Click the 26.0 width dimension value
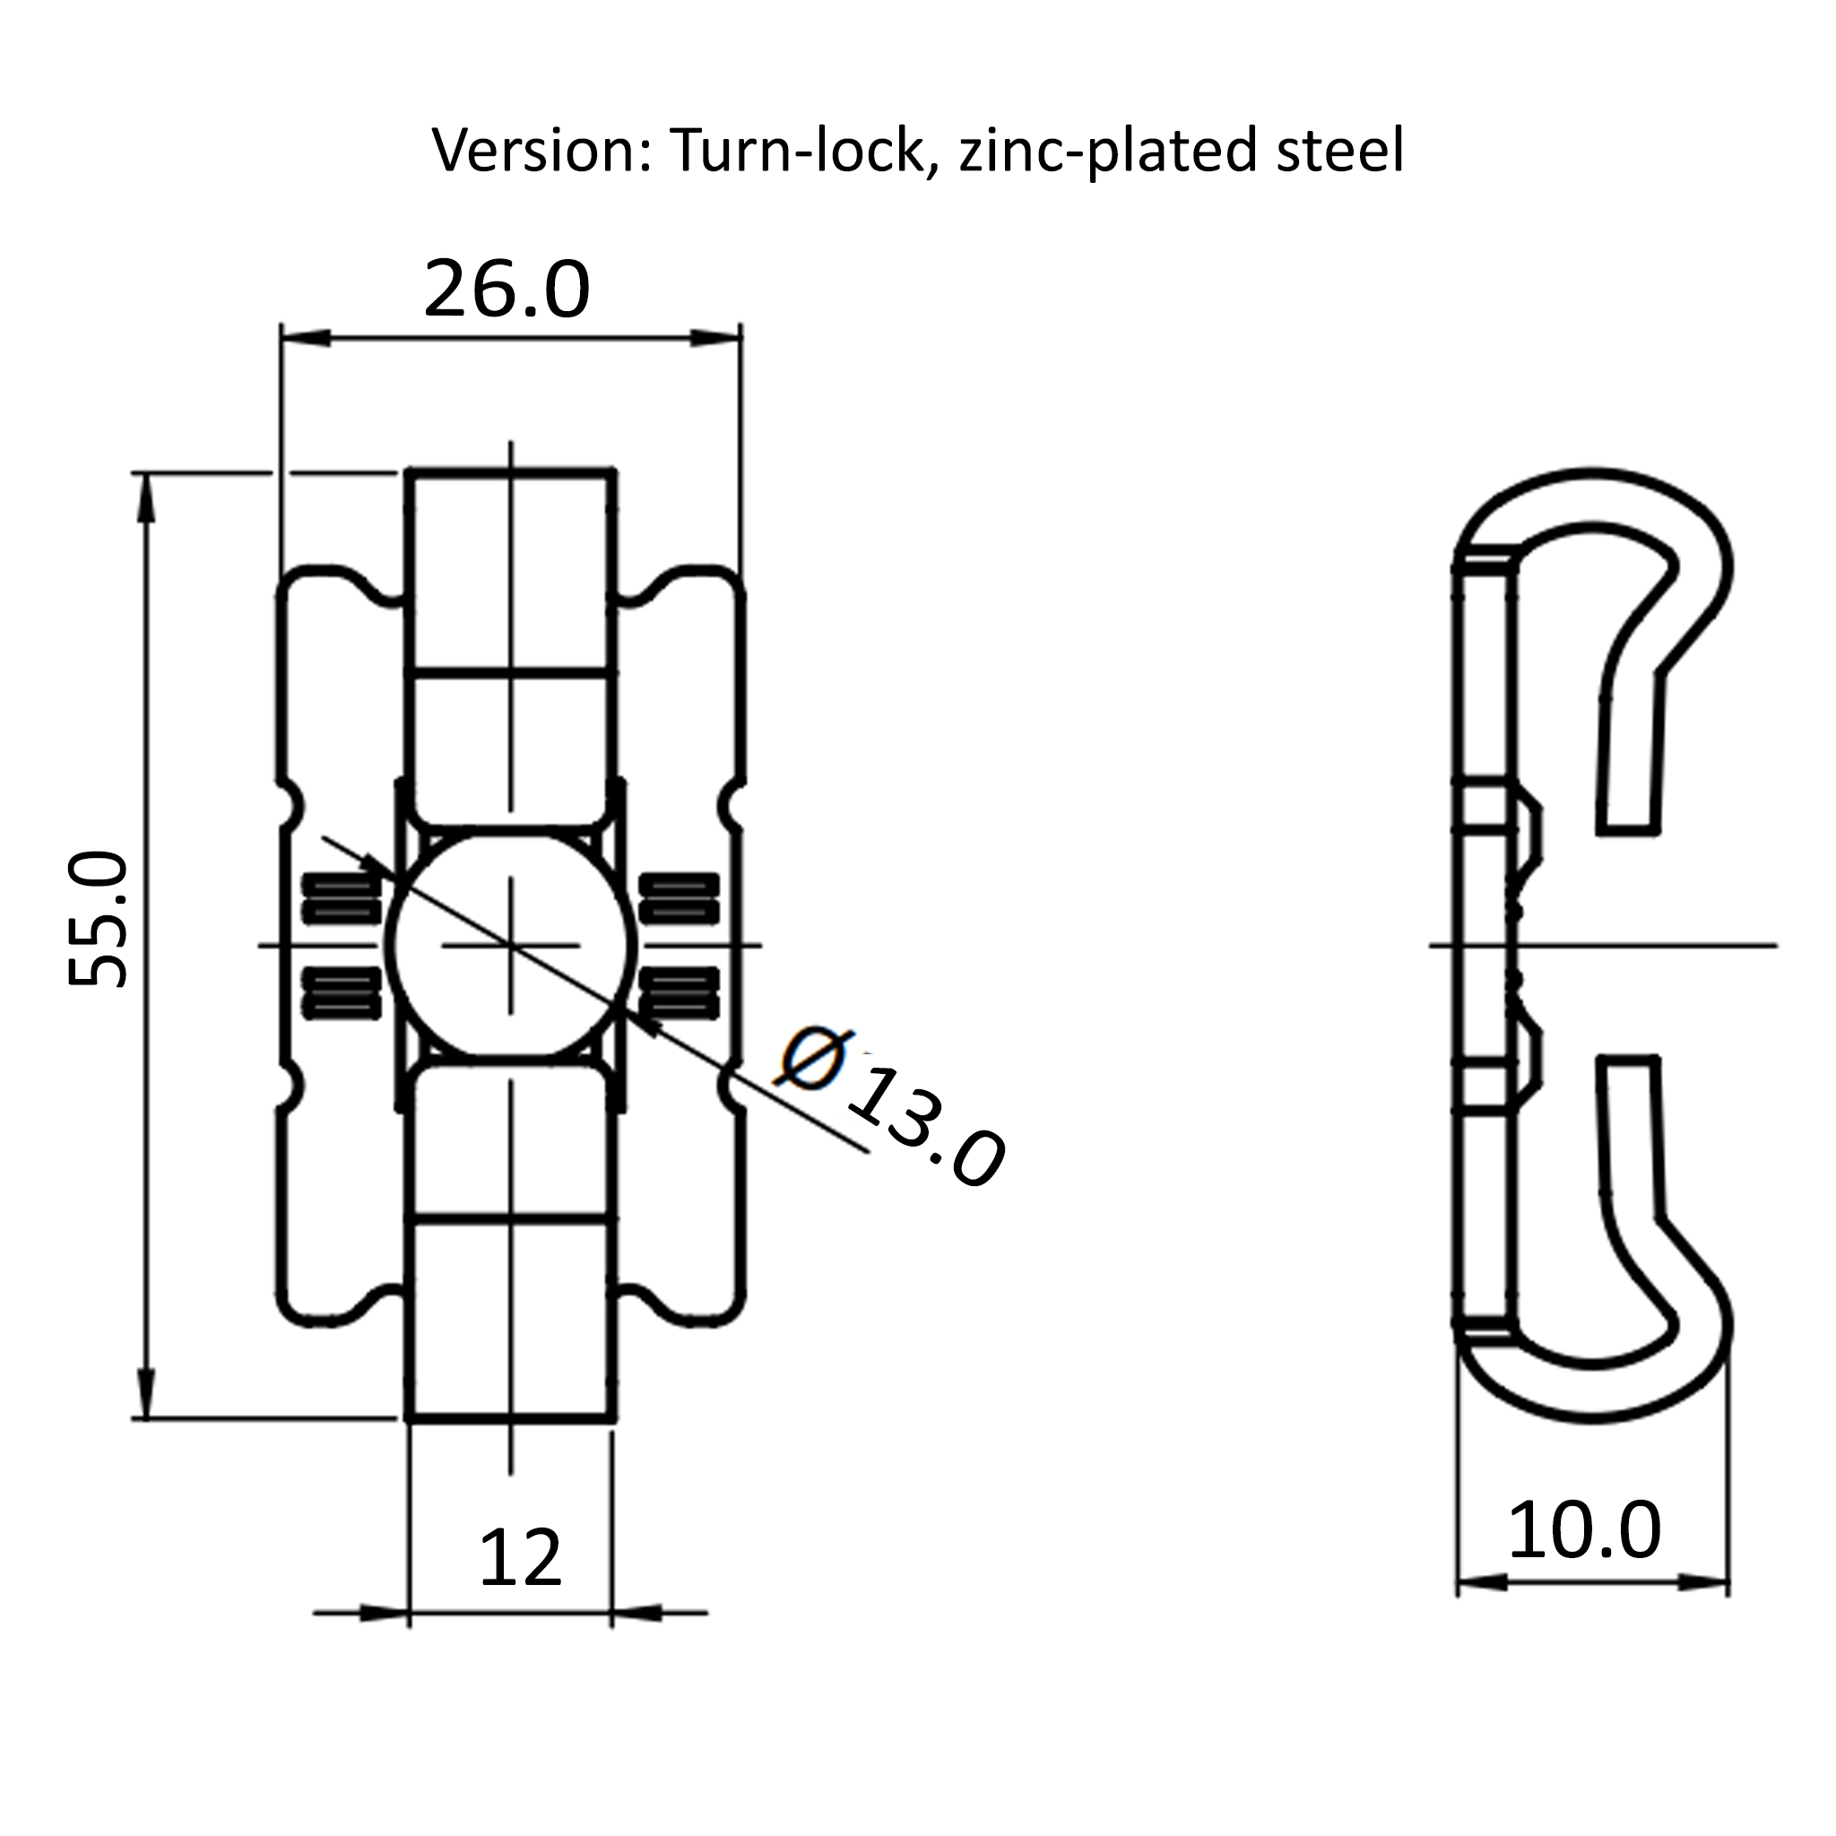point(507,289)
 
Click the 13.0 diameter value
point(924,1128)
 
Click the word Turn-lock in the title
point(797,150)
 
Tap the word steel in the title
point(1340,150)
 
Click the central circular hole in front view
point(511,945)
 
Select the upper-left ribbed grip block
point(342,898)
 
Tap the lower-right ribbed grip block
point(679,993)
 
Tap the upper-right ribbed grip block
point(679,898)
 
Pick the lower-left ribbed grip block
point(342,993)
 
